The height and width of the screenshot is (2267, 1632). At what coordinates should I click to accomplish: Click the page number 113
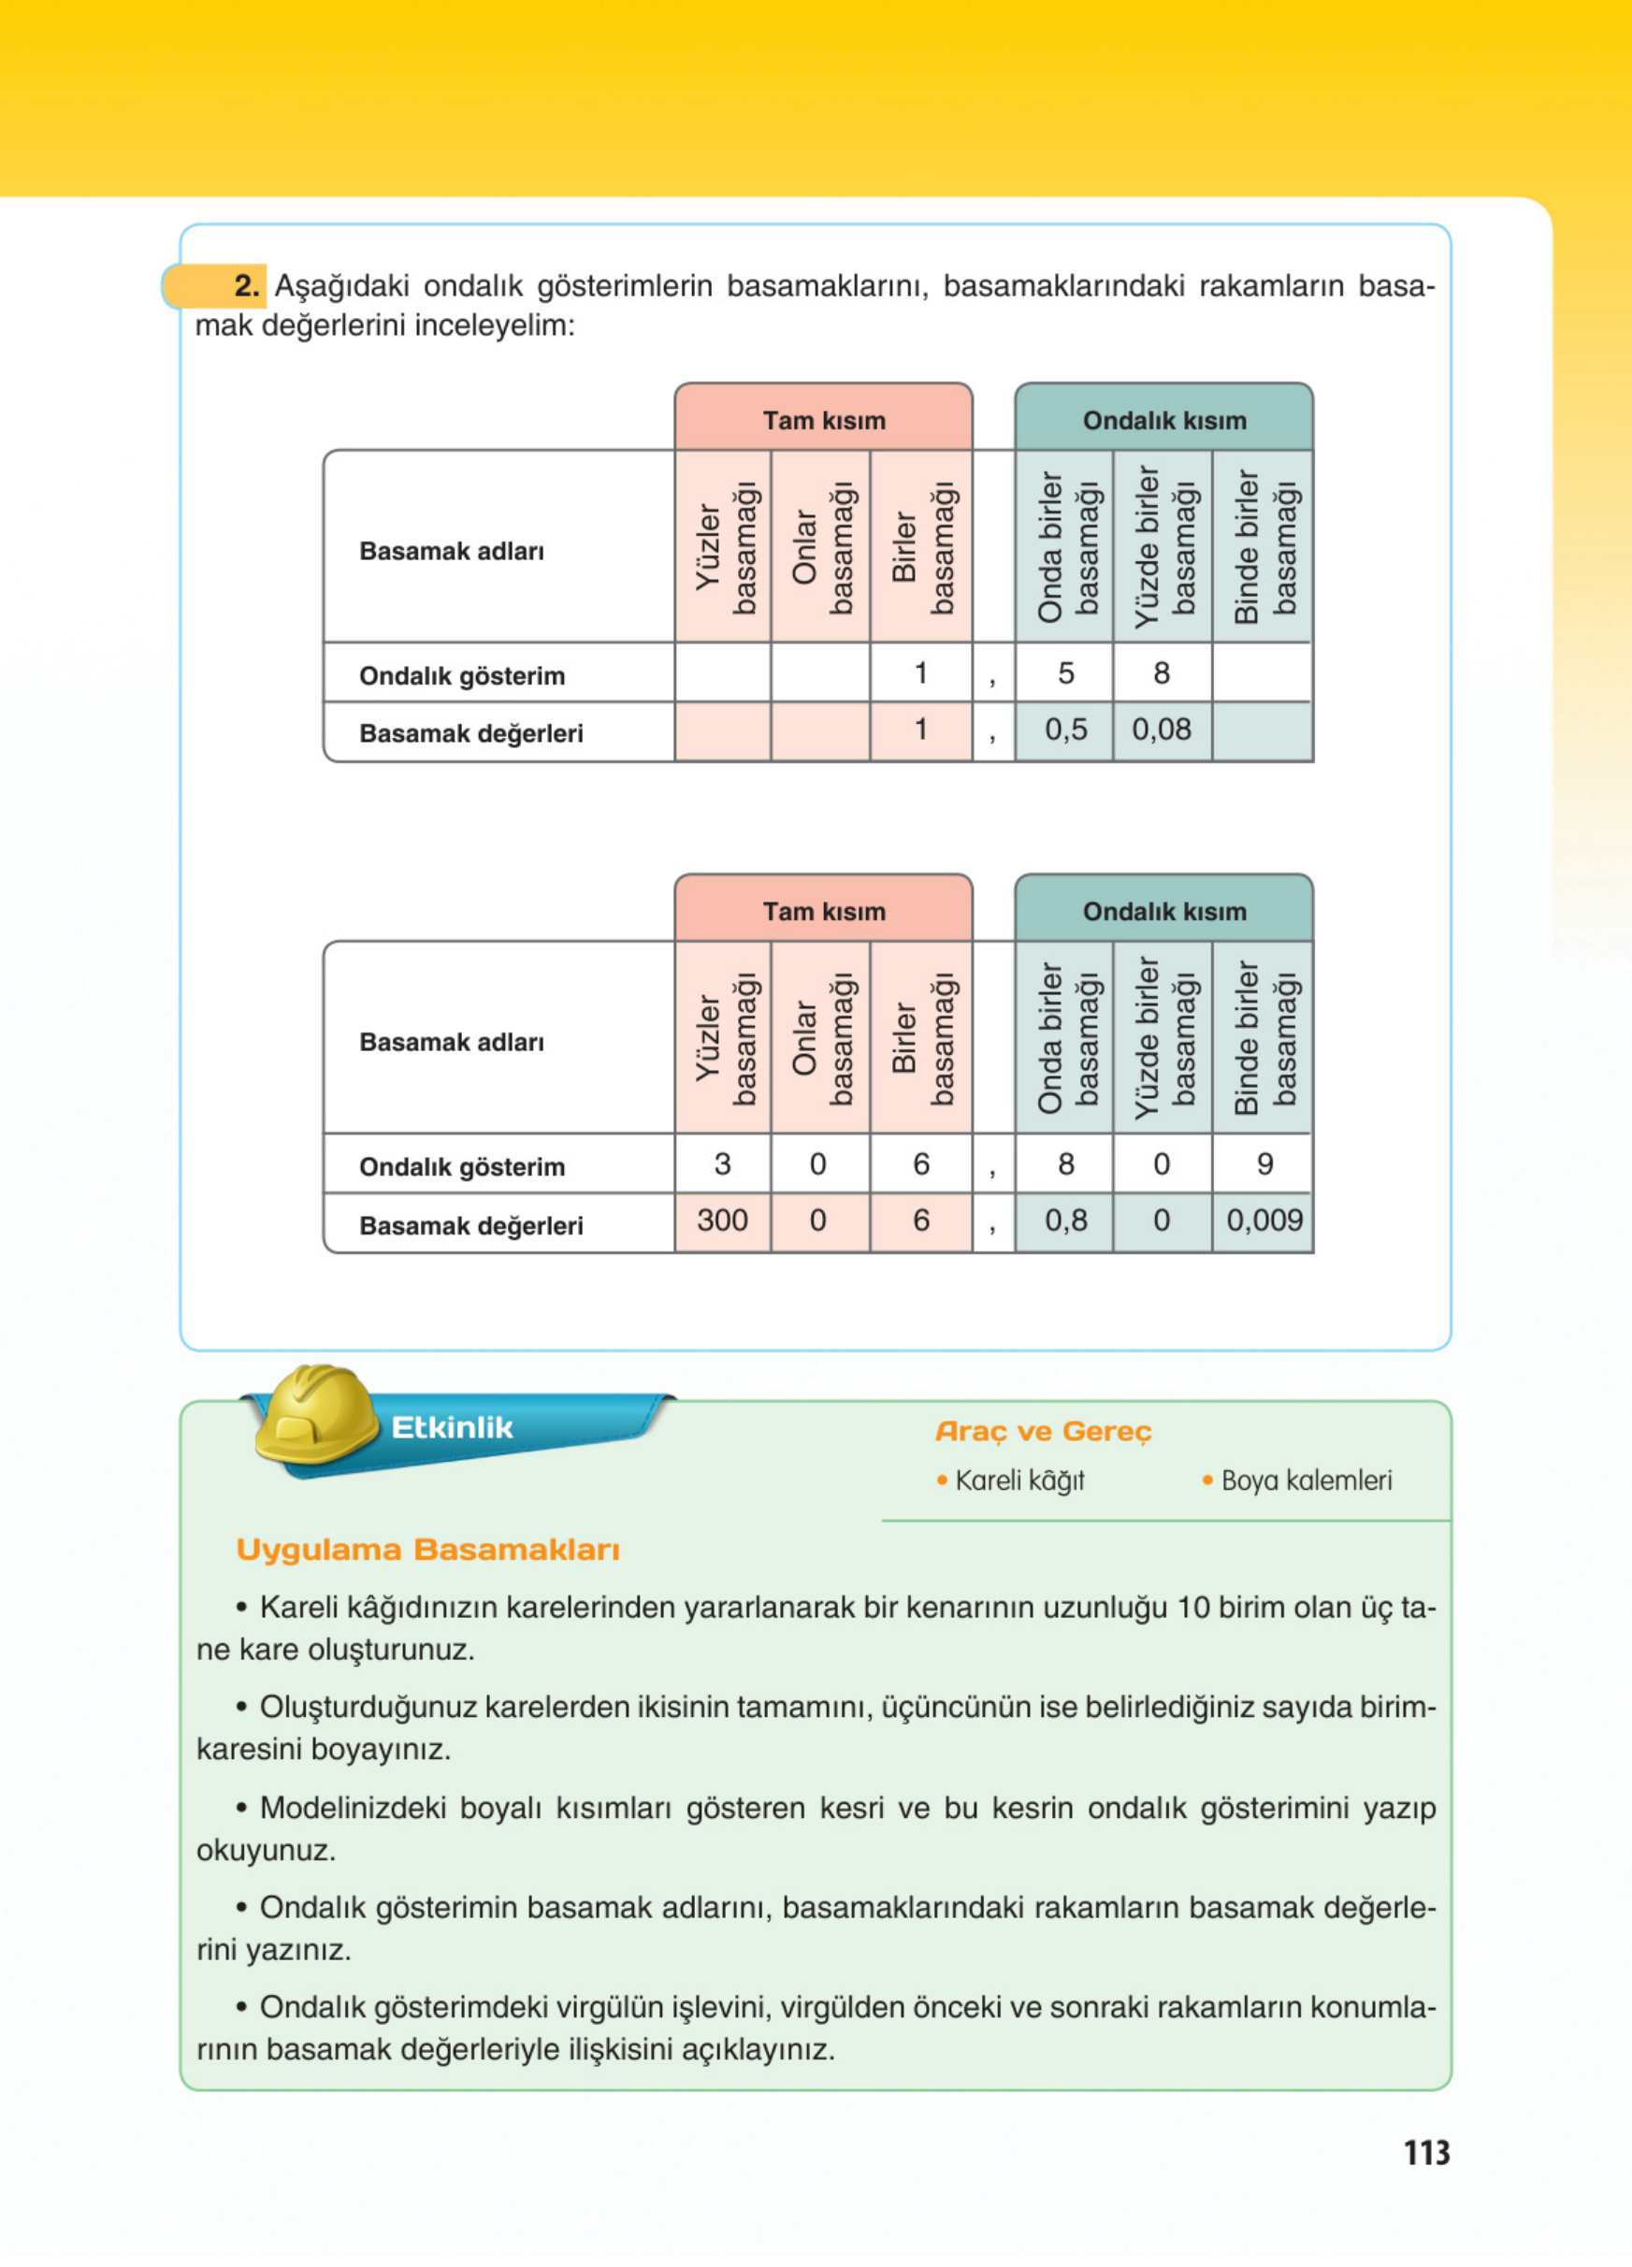pos(1426,2151)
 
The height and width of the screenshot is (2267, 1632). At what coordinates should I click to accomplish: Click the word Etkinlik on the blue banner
pos(452,1427)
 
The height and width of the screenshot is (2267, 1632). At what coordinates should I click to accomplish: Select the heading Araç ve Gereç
pos(1044,1431)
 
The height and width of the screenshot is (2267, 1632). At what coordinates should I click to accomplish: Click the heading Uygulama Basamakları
pos(427,1550)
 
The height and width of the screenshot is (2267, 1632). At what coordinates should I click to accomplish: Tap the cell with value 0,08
pos(1162,729)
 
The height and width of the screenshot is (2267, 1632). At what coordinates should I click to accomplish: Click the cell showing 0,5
pos(1065,729)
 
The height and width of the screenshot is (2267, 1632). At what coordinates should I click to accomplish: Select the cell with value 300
pos(723,1220)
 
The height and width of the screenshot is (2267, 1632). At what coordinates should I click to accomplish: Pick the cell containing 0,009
pos(1264,1220)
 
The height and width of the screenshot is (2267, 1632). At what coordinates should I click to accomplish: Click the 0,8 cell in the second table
pos(1065,1220)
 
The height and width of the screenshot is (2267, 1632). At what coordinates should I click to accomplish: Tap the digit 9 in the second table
pos(1264,1163)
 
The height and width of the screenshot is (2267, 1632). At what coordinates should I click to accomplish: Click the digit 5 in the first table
pos(1065,672)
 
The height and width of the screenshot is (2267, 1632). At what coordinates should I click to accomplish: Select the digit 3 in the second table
pos(723,1163)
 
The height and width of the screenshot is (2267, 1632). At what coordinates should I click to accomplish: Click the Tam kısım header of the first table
pos(824,420)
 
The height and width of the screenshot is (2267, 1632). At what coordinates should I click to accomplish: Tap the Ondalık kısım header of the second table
pos(1164,911)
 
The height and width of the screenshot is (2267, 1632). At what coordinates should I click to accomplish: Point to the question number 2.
pos(247,286)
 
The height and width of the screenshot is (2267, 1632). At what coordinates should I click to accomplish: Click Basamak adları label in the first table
pos(452,551)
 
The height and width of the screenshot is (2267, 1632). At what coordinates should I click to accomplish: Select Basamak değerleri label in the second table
pos(470,1225)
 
